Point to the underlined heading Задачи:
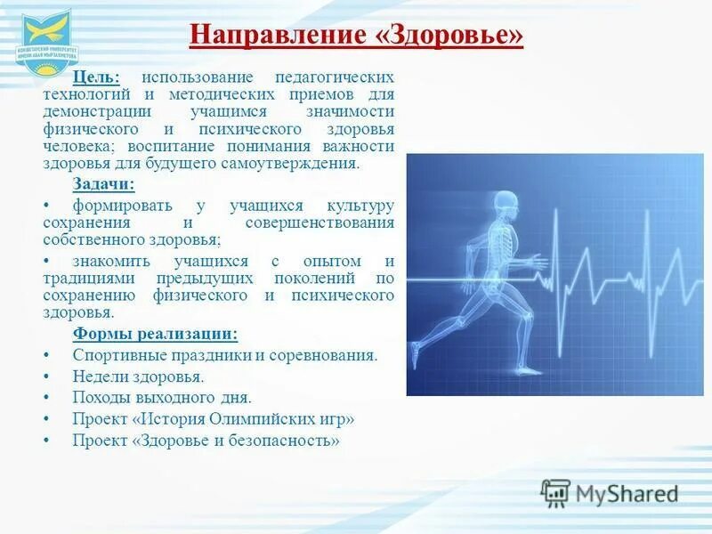click(x=103, y=184)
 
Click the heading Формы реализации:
click(x=155, y=334)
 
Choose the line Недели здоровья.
click(x=138, y=376)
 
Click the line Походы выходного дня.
click(x=162, y=398)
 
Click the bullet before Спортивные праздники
click(x=46, y=355)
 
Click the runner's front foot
click(x=529, y=368)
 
